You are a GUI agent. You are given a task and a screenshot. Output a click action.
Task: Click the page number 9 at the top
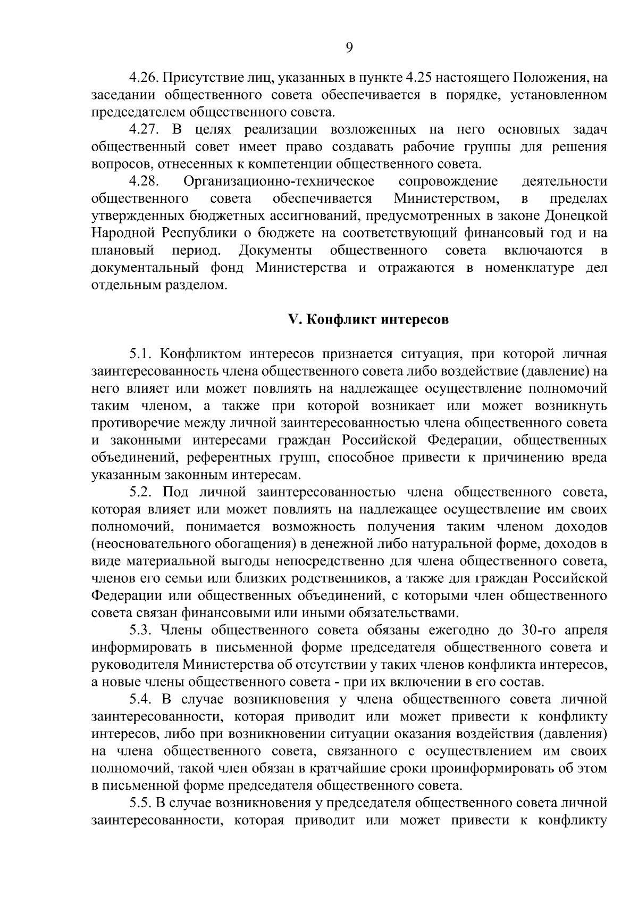click(349, 48)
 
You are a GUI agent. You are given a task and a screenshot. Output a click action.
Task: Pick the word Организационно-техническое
click(279, 181)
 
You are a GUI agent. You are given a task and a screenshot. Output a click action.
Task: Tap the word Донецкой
click(577, 216)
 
